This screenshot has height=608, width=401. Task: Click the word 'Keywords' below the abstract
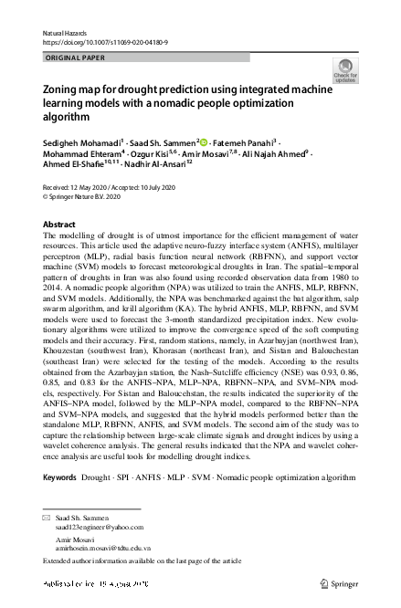[59, 477]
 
